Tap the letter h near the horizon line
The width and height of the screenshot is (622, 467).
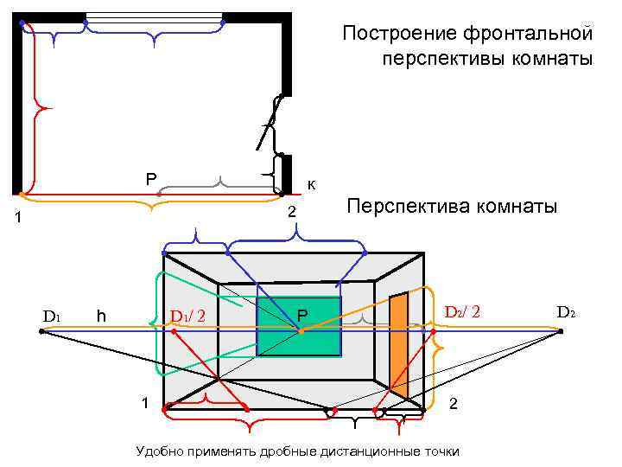(101, 316)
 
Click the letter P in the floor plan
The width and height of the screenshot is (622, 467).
(150, 179)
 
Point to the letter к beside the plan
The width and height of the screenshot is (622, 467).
(311, 184)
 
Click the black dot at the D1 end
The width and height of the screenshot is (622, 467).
(41, 331)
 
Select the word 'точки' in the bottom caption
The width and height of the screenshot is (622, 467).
(441, 451)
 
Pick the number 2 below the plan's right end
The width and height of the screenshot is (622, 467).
(292, 213)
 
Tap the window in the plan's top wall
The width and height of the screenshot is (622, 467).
(155, 17)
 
